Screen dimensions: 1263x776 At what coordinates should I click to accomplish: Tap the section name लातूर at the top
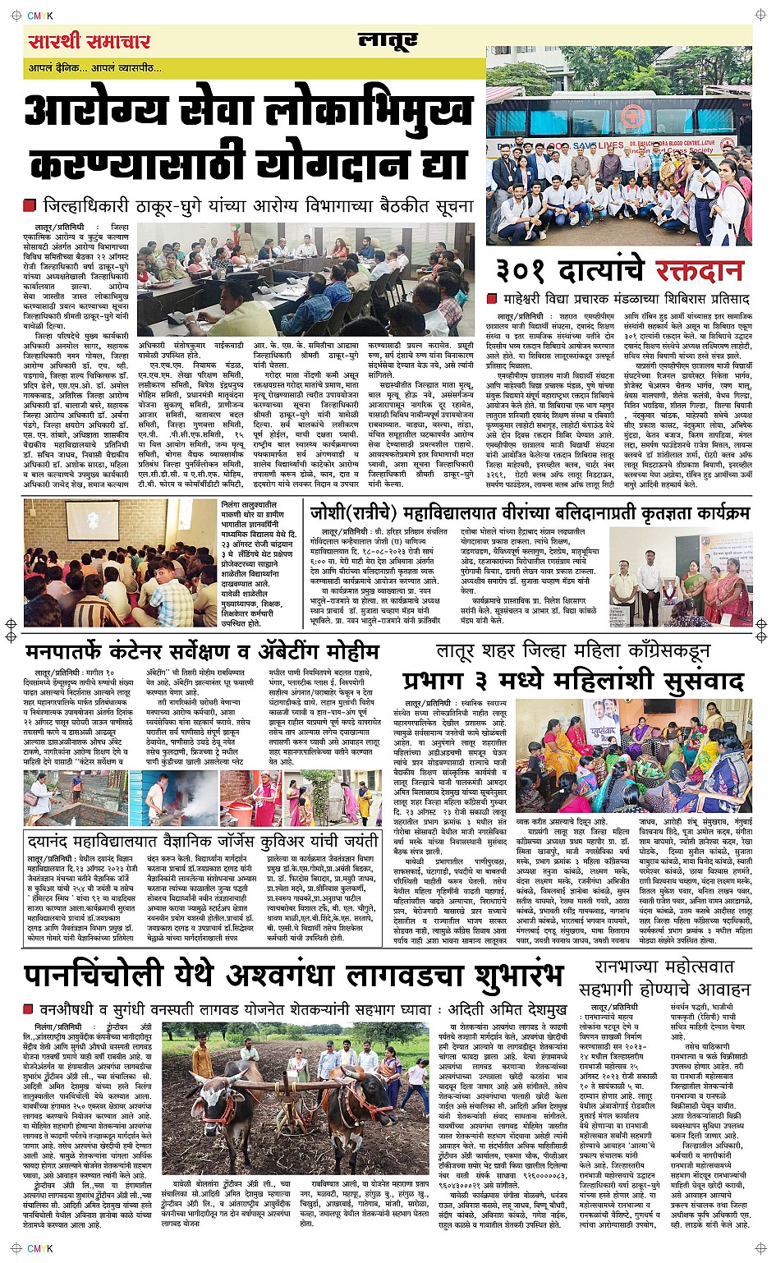click(388, 40)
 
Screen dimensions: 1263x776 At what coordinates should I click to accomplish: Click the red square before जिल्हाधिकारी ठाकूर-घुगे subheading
click(30, 205)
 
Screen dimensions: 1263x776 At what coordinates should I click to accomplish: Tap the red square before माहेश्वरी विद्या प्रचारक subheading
click(493, 299)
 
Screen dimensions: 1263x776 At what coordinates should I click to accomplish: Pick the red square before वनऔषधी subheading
click(30, 1008)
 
